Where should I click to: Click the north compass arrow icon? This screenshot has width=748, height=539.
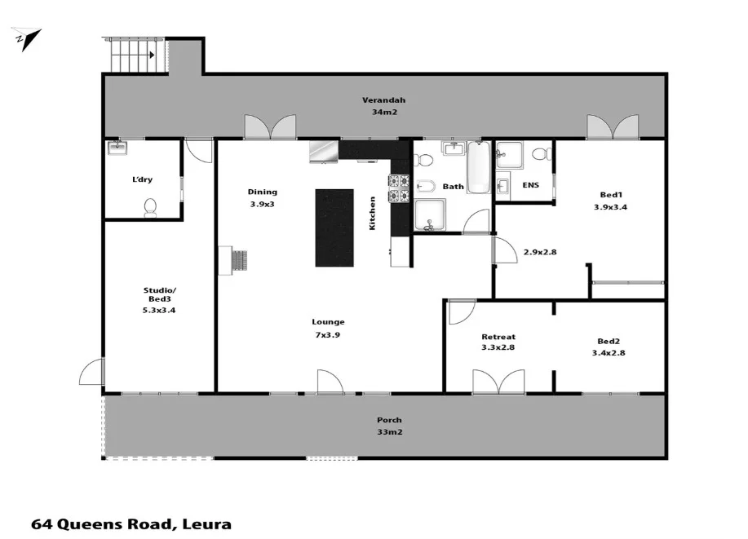click(27, 38)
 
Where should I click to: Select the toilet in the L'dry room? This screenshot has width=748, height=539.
click(150, 208)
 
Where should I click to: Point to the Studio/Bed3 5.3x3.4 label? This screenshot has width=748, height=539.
click(159, 299)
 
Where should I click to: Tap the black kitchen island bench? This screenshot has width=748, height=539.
click(334, 228)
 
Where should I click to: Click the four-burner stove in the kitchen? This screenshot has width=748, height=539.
click(399, 188)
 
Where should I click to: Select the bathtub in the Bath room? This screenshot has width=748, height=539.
click(478, 167)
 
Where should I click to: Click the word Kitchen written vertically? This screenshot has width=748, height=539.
click(373, 213)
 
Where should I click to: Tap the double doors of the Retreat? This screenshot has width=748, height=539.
click(498, 381)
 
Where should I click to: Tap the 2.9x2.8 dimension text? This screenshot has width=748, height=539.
click(540, 252)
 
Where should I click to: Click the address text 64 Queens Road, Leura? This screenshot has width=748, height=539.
click(131, 524)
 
